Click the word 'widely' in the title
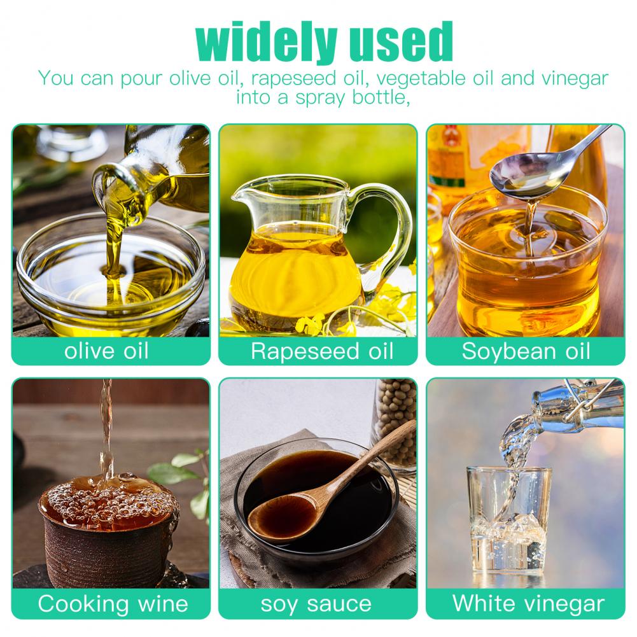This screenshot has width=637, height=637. click(x=266, y=42)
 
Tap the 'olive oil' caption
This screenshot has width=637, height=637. click(x=106, y=351)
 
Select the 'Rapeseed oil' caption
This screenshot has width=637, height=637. click(x=322, y=351)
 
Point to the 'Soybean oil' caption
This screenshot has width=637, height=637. click(x=526, y=351)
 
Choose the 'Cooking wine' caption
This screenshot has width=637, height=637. click(x=113, y=604)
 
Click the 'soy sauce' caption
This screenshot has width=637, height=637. click(x=316, y=604)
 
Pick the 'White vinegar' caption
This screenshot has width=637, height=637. click(x=528, y=603)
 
